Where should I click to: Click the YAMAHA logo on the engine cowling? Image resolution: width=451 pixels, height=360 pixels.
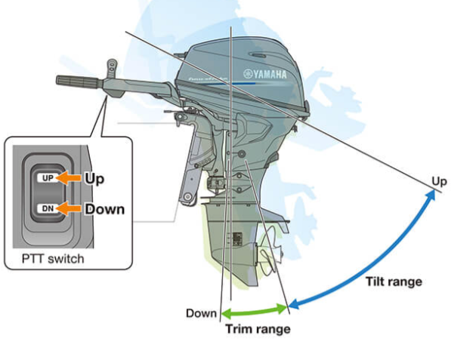pos(264,74)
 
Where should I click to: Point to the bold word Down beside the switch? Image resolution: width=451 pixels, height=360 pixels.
pos(104,208)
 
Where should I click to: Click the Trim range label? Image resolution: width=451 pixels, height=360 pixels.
pos(258,329)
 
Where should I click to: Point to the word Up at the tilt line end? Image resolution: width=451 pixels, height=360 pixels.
pos(439,181)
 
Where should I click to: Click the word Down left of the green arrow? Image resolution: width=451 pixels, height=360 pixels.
pos(202,312)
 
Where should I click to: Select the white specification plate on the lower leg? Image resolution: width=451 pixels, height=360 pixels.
pos(236,240)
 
